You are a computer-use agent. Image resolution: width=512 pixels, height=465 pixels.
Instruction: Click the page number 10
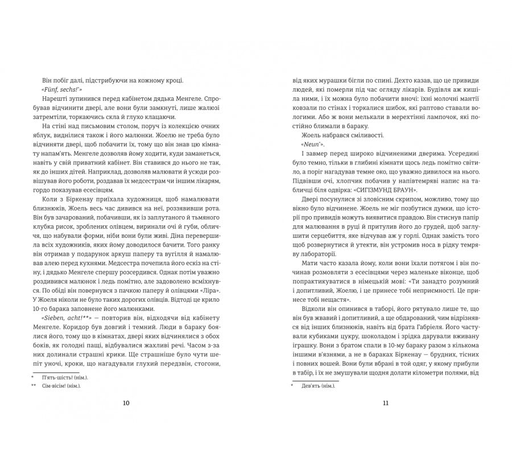coord(126,403)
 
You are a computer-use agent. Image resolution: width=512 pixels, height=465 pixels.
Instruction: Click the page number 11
coord(385,403)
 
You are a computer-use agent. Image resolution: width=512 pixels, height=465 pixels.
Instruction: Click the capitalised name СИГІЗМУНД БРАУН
coord(385,190)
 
